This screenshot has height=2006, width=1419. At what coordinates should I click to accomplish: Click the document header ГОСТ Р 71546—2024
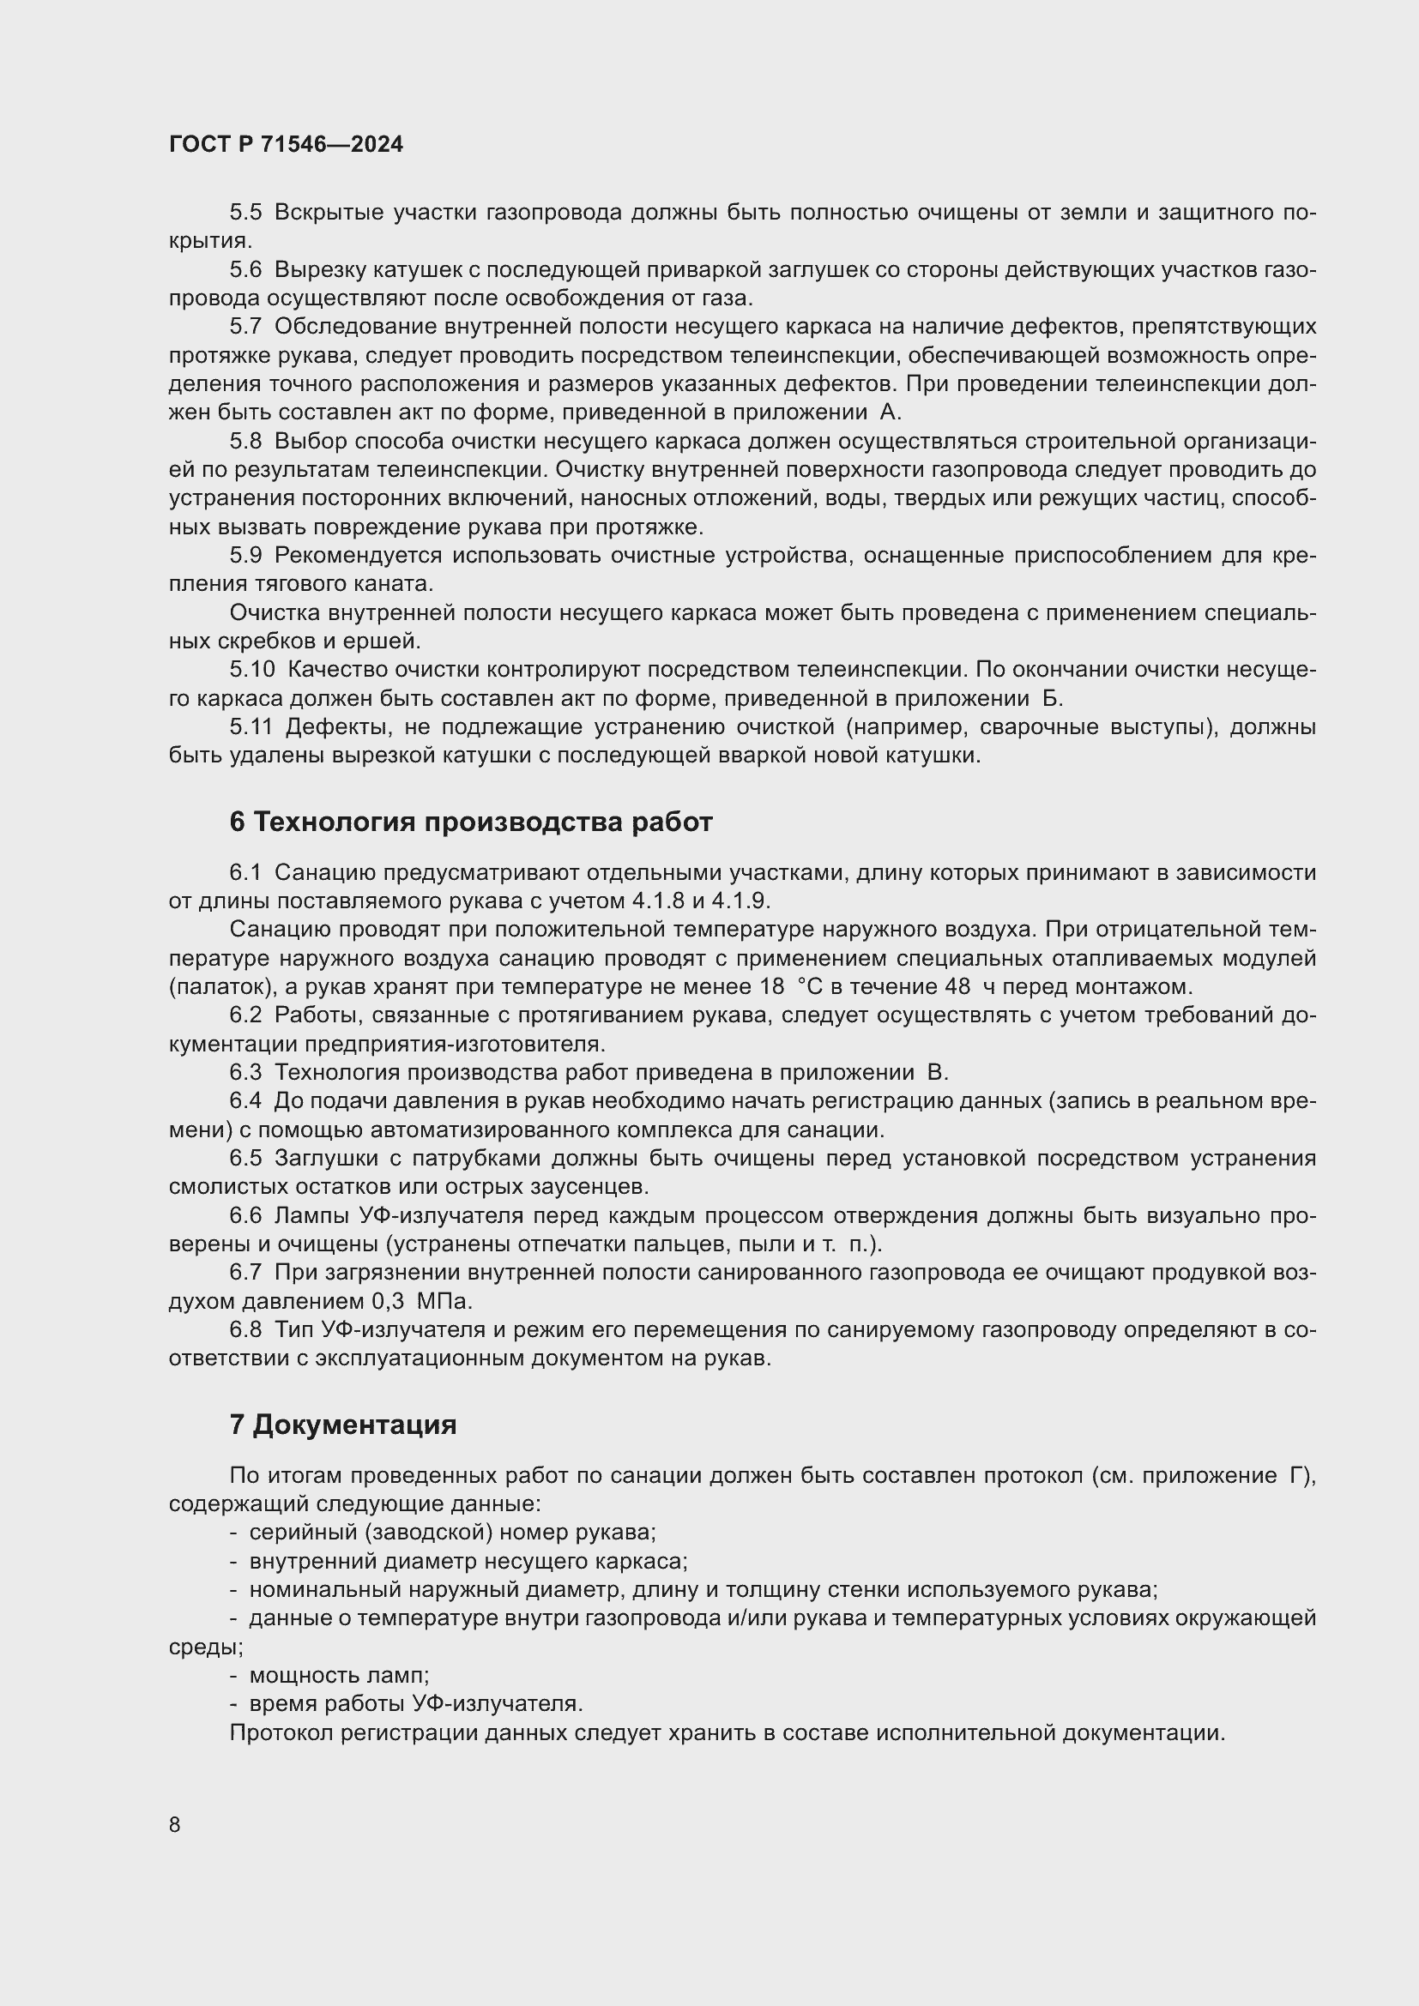pos(286,144)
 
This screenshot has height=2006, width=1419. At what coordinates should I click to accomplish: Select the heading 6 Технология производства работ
pos(471,822)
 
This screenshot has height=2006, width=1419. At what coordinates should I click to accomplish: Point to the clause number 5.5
pos(245,213)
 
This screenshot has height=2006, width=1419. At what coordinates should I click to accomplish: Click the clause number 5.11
pos(251,727)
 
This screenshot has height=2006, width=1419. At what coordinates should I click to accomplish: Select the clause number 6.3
pos(245,1072)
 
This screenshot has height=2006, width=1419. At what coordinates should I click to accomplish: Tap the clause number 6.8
pos(245,1330)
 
